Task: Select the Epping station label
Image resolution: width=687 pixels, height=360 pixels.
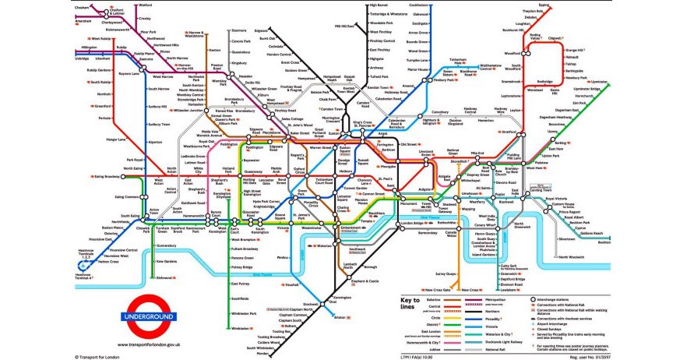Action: [x=544, y=5]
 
